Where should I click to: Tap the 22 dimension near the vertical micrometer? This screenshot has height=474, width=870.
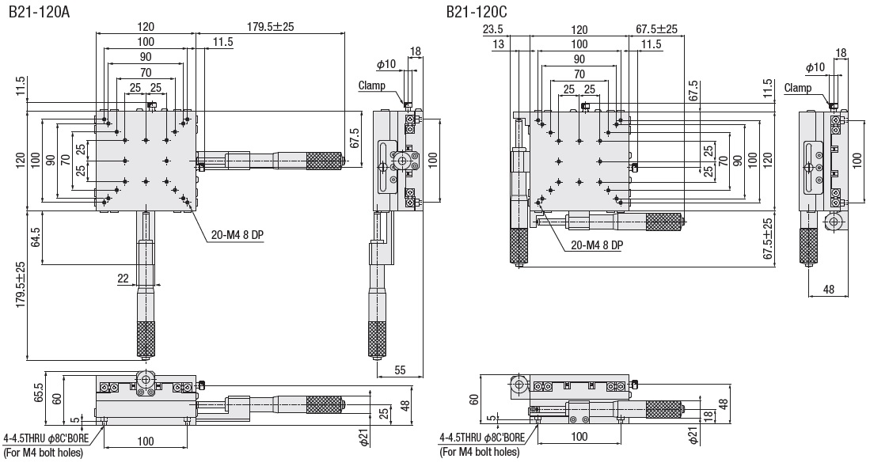(122, 277)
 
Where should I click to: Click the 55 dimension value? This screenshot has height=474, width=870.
(399, 370)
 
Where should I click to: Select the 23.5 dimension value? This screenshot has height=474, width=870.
(493, 29)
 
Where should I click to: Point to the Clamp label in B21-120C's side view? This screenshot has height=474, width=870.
(798, 88)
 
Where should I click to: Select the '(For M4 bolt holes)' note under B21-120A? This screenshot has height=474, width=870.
(44, 453)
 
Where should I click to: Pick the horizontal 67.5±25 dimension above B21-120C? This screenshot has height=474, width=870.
(656, 29)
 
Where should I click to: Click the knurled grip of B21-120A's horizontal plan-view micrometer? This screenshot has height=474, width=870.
(325, 161)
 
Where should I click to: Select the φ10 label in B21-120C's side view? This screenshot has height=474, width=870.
(815, 66)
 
